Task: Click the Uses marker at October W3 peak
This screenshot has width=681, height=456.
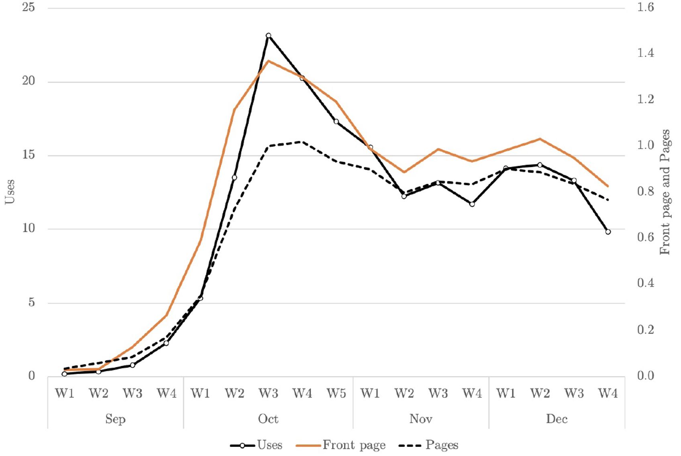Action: (269, 36)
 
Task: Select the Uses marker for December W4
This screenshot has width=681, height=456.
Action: (608, 232)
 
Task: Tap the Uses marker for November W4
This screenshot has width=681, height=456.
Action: (472, 204)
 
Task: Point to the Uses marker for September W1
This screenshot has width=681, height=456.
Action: (65, 374)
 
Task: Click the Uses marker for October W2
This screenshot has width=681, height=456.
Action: (234, 178)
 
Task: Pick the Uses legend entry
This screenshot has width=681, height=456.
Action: (256, 445)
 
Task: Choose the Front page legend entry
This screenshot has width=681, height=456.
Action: (341, 445)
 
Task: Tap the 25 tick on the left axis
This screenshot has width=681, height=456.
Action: (29, 7)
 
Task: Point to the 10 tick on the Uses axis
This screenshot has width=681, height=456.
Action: (29, 228)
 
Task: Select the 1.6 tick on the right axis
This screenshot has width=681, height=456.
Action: (645, 7)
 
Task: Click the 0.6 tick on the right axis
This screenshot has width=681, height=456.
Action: (645, 237)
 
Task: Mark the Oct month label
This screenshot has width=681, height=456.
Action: (268, 419)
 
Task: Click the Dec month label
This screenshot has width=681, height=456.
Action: (557, 419)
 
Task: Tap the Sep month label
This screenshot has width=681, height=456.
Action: (115, 419)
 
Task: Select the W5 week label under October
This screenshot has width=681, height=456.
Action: (336, 393)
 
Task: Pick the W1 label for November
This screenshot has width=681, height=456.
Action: (370, 393)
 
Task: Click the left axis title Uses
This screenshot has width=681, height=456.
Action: (10, 192)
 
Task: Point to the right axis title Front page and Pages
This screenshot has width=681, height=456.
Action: (665, 192)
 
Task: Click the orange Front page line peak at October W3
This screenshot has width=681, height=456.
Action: (269, 61)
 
